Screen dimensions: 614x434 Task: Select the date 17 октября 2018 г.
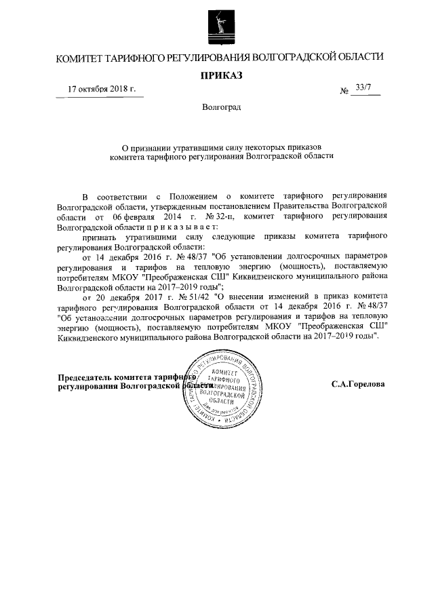click(x=102, y=90)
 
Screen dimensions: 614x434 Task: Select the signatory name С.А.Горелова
click(x=358, y=384)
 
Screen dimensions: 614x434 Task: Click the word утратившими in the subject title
click(x=197, y=146)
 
